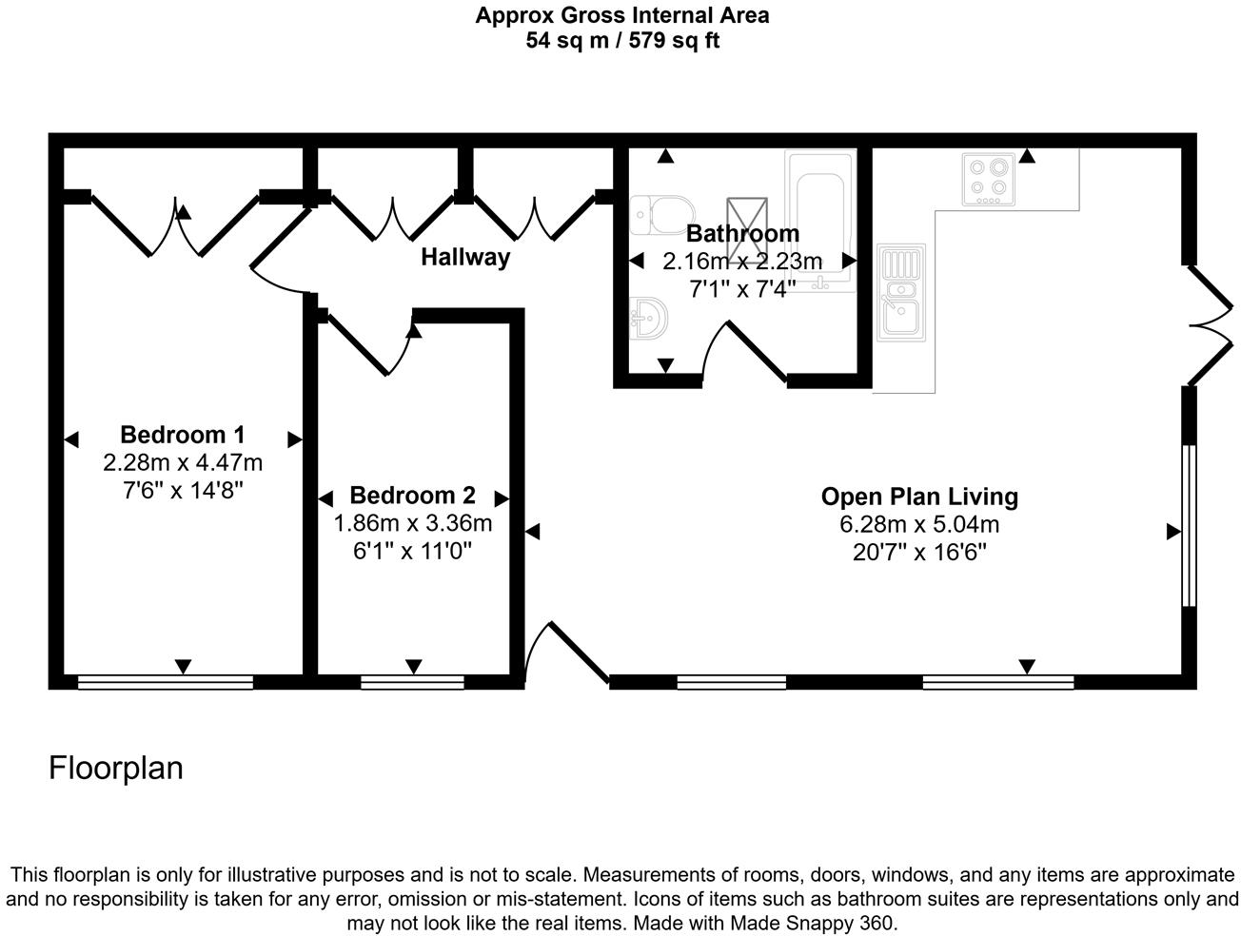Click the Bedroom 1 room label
pos(183,435)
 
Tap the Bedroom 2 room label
pos(412,496)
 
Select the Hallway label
pos(465,257)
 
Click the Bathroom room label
pos(742,233)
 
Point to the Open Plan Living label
pos(919,497)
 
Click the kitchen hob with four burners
pos(986,178)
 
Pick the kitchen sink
pos(900,291)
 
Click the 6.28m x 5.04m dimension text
pos(919,524)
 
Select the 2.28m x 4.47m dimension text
pos(183,463)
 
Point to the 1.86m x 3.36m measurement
pos(412,523)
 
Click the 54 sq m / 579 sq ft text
pos(622,41)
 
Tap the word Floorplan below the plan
pos(116,768)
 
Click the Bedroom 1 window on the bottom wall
pos(166,681)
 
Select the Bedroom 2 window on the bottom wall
pos(412,681)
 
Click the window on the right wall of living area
pos(1188,525)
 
